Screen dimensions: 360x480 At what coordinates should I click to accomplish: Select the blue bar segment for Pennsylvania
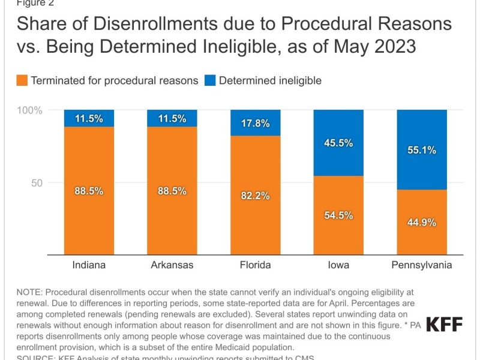tap(422, 149)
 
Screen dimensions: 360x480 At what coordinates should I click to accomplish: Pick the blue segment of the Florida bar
tap(256, 122)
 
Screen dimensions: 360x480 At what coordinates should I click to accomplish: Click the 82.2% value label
tap(256, 196)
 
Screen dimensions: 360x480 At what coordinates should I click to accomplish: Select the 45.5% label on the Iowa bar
tap(338, 143)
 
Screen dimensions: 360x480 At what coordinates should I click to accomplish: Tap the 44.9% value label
tap(422, 222)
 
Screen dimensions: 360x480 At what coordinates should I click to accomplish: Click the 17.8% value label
tap(256, 124)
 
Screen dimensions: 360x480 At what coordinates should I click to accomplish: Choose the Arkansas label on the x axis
tap(172, 265)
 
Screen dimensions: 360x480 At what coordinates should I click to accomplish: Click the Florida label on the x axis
tap(256, 265)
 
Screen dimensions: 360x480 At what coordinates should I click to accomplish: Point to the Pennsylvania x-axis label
tap(422, 265)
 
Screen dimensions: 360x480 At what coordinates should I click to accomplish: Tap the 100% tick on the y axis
tap(29, 110)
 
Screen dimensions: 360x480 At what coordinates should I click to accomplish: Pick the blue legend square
tap(210, 80)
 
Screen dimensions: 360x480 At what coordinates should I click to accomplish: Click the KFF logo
tap(444, 324)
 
